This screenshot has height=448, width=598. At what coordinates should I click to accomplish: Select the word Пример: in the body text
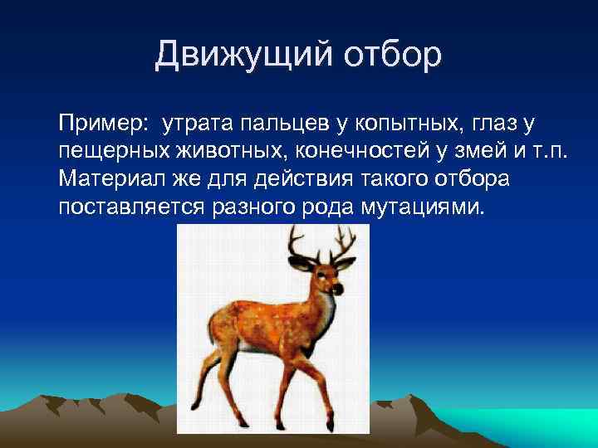click(104, 124)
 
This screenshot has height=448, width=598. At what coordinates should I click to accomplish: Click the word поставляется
click(130, 206)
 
